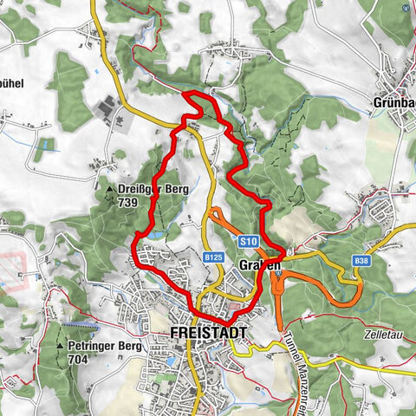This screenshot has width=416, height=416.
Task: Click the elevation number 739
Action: coord(127,201)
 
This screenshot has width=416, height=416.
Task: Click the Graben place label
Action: coord(259,263)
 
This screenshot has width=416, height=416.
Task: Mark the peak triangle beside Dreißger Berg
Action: coord(110,189)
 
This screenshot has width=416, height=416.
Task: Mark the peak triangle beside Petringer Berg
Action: coord(61,345)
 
